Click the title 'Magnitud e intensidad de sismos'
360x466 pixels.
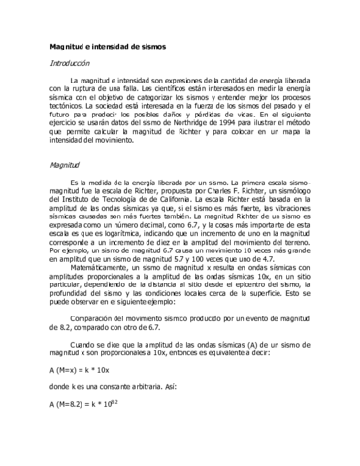(109, 46)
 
